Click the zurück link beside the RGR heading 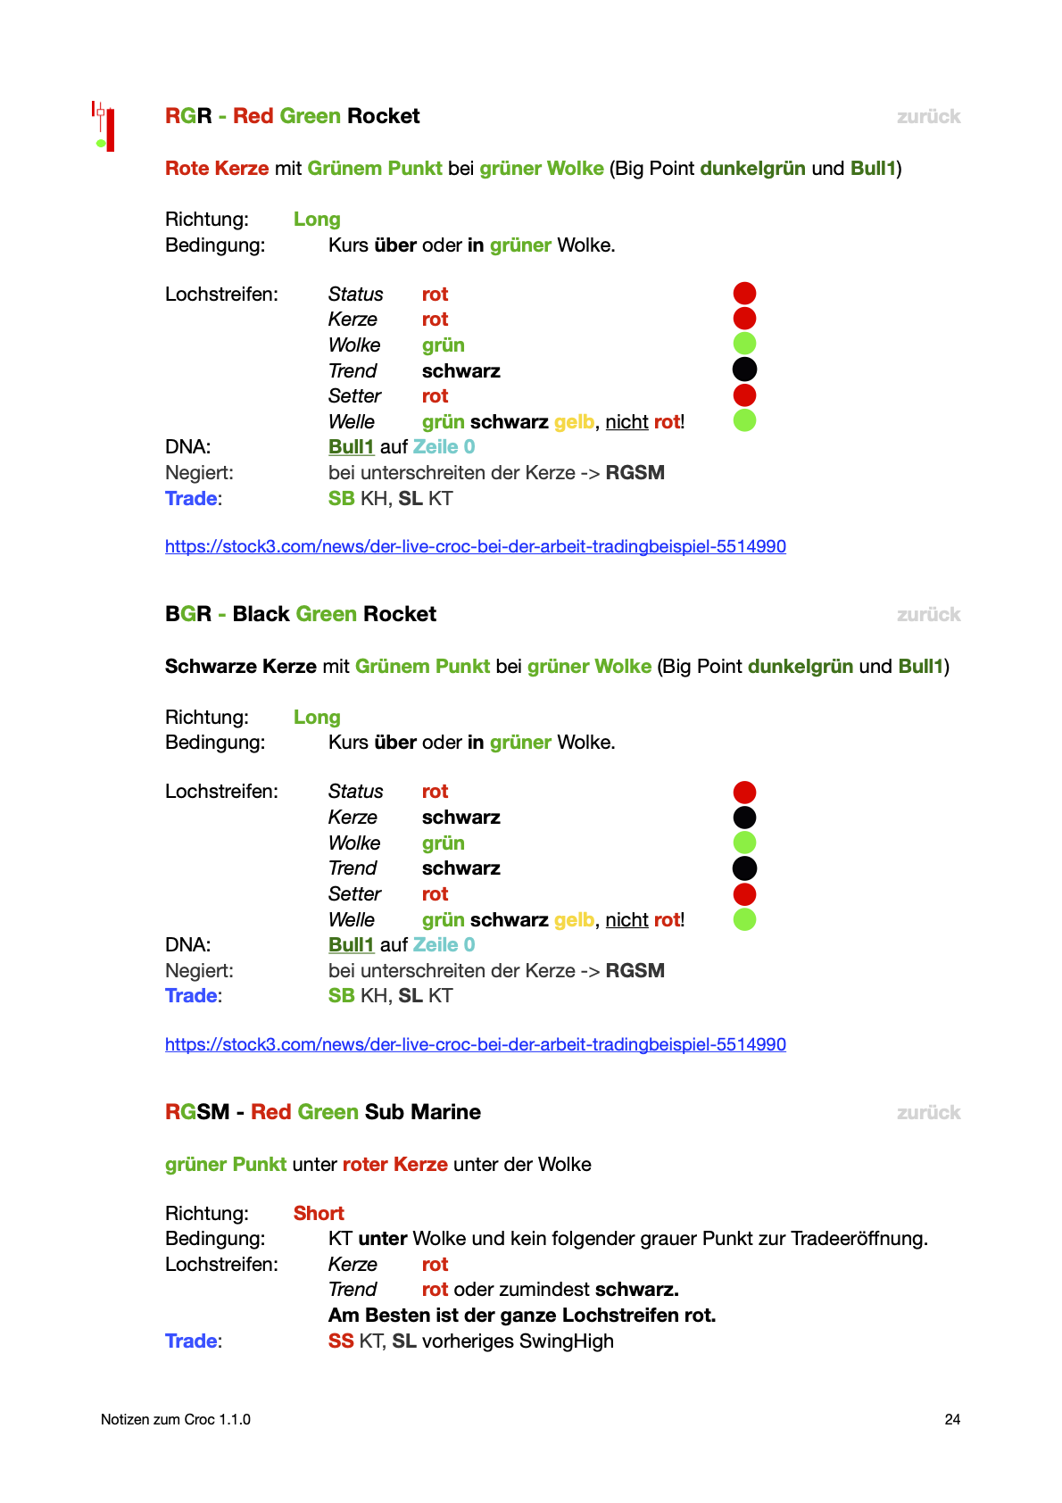click(x=928, y=117)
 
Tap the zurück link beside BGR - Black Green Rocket click(x=928, y=615)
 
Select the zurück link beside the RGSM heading click(x=928, y=1113)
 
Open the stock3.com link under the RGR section click(x=475, y=546)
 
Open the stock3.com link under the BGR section click(x=475, y=1044)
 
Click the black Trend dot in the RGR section click(x=744, y=370)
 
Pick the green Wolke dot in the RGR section click(x=744, y=344)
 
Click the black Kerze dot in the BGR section click(x=744, y=818)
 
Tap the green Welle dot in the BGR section click(x=744, y=919)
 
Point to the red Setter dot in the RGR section click(x=744, y=395)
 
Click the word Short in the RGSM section click(x=319, y=1214)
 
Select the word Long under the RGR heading click(x=317, y=220)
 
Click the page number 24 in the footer click(x=952, y=1419)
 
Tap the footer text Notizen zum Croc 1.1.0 click(x=176, y=1419)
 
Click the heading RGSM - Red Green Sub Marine click(x=323, y=1112)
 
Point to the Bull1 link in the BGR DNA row click(x=351, y=945)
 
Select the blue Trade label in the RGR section click(x=192, y=499)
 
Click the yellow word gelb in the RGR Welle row click(x=574, y=422)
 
